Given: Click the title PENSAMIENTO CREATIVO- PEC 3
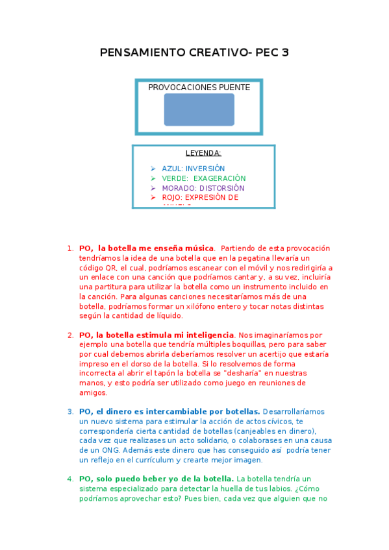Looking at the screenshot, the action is [194, 53].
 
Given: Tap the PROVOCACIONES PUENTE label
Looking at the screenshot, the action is [199, 88].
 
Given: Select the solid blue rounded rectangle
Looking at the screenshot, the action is [199, 110].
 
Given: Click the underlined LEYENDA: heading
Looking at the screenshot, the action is [203, 154].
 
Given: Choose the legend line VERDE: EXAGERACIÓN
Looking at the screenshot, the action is [204, 178].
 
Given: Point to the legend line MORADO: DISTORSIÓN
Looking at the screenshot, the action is [203, 188].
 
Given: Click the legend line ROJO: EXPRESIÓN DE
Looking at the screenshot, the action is [200, 197].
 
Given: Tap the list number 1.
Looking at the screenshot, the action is [70, 248].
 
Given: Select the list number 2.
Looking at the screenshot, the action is [70, 335].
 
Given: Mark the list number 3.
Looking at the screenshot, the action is [70, 412].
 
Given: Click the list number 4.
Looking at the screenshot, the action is [70, 479].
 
